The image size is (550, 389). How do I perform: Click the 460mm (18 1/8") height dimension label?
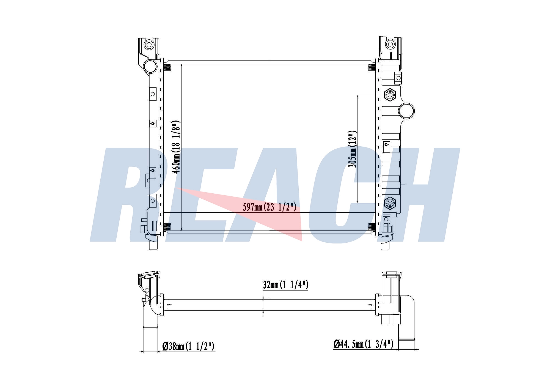pyautogui.click(x=176, y=147)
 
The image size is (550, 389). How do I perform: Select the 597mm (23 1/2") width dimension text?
pyautogui.click(x=269, y=207)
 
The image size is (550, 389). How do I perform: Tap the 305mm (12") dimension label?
pyautogui.click(x=352, y=149)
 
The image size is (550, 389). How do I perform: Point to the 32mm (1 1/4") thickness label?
pyautogui.click(x=285, y=285)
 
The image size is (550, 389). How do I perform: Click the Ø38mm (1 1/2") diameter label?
pyautogui.click(x=188, y=346)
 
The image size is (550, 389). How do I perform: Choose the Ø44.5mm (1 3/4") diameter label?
pyautogui.click(x=363, y=344)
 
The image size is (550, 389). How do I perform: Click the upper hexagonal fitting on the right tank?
pyautogui.click(x=390, y=95)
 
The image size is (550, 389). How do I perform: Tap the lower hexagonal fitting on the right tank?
pyautogui.click(x=390, y=203)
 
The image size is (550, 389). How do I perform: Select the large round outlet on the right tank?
pyautogui.click(x=406, y=111)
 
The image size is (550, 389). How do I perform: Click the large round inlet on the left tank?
pyautogui.click(x=150, y=66)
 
